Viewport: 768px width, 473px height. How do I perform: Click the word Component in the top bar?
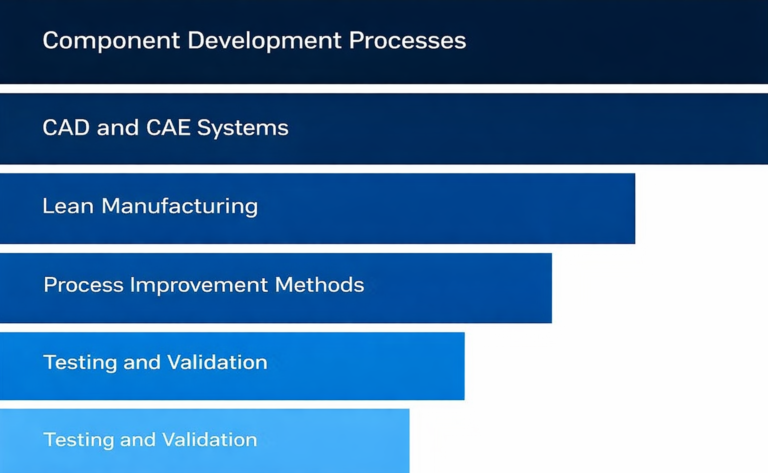[111, 41]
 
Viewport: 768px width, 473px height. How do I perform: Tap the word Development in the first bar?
[264, 41]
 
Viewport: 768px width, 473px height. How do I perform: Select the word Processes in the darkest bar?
[407, 41]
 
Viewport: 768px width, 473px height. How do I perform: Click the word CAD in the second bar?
[65, 128]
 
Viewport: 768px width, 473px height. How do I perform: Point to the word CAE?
[168, 128]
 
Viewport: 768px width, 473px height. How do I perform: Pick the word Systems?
[242, 128]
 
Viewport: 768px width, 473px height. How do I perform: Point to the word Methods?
[319, 285]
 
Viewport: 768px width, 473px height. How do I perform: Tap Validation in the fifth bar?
[217, 362]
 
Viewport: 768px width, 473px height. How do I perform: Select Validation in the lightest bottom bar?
[209, 440]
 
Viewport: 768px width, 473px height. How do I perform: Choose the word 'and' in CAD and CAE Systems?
[117, 128]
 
